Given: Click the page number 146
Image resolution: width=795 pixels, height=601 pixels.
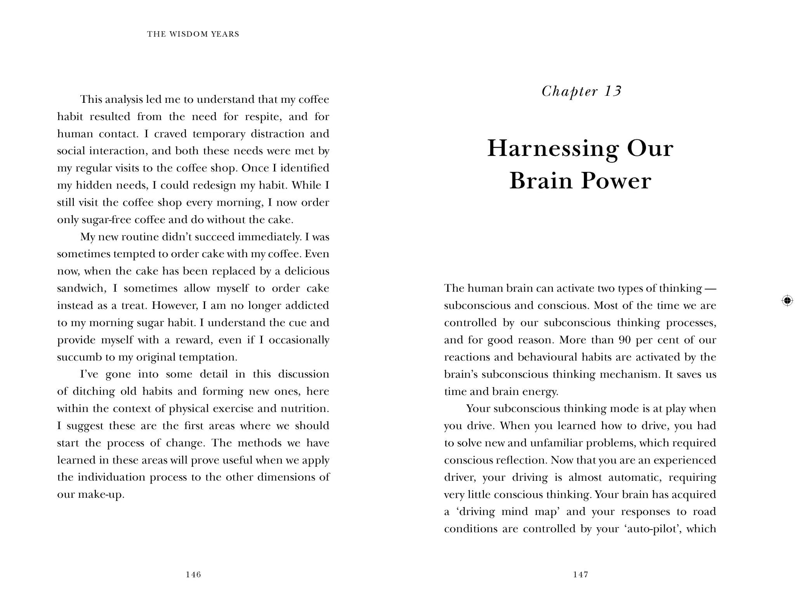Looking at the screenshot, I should click(193, 575).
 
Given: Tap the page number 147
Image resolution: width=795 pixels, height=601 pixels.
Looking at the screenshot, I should click(580, 575).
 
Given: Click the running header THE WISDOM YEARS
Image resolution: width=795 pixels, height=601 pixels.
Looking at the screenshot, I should click(193, 34).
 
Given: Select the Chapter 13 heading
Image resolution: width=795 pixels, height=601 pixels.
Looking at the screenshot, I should click(581, 92).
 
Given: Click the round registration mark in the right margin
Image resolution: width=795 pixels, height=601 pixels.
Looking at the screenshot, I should click(787, 301).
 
